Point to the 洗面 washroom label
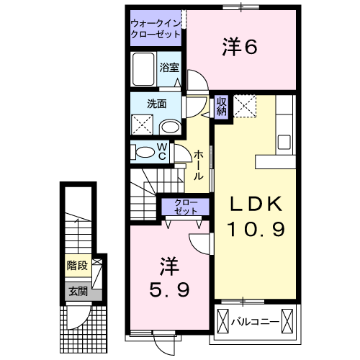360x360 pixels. pos(157,104)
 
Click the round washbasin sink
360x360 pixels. pos(170,127)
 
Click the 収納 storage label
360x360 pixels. pos(222,107)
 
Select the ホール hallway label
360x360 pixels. pos(199,165)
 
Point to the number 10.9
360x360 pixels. pos(256,230)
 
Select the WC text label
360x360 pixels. pos(162,151)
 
